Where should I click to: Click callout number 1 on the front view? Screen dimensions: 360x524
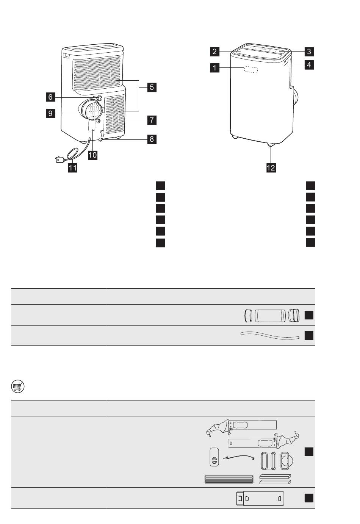click(x=215, y=68)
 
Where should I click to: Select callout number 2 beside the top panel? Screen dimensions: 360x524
click(x=215, y=52)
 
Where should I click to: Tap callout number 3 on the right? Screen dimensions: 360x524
click(x=309, y=52)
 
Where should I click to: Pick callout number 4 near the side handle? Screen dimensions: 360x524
click(x=309, y=65)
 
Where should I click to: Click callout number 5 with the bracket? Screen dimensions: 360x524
click(x=152, y=88)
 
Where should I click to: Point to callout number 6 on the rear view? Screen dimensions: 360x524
click(x=50, y=97)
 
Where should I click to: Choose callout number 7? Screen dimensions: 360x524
click(x=152, y=120)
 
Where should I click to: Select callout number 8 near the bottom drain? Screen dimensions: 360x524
click(x=152, y=139)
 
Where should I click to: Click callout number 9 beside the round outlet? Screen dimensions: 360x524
click(x=50, y=113)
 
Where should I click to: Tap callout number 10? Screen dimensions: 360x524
click(x=92, y=155)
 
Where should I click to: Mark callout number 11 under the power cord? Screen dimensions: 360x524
click(x=72, y=168)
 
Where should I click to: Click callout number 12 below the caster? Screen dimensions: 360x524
click(x=271, y=168)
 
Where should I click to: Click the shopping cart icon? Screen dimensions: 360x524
click(x=18, y=386)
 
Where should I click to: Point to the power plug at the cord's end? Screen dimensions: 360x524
click(x=59, y=160)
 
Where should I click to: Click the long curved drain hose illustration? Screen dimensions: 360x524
click(x=270, y=336)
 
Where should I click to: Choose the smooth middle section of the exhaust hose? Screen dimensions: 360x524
click(x=270, y=316)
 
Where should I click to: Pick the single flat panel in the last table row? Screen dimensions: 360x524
click(x=260, y=498)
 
